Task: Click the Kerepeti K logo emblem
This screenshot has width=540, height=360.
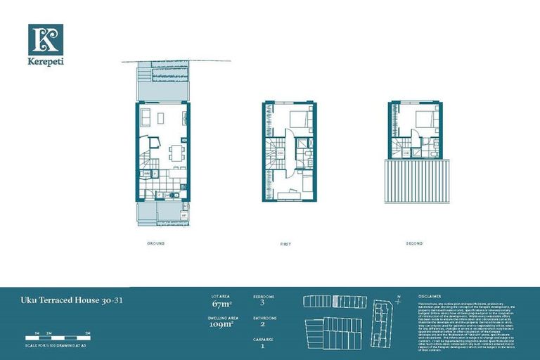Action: [x=46, y=39]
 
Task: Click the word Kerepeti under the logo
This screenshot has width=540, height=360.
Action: [x=46, y=63]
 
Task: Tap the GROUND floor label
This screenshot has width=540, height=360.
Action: [x=155, y=243]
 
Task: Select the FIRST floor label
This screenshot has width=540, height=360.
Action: [x=285, y=244]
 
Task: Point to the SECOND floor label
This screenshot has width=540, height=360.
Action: [x=414, y=243]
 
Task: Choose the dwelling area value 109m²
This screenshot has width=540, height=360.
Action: [x=222, y=325]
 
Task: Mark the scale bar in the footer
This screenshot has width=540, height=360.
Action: [x=60, y=335]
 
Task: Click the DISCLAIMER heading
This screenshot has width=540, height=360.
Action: [x=430, y=297]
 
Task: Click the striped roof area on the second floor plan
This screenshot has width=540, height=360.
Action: [x=416, y=181]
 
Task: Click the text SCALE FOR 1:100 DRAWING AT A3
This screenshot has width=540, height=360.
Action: [x=60, y=344]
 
